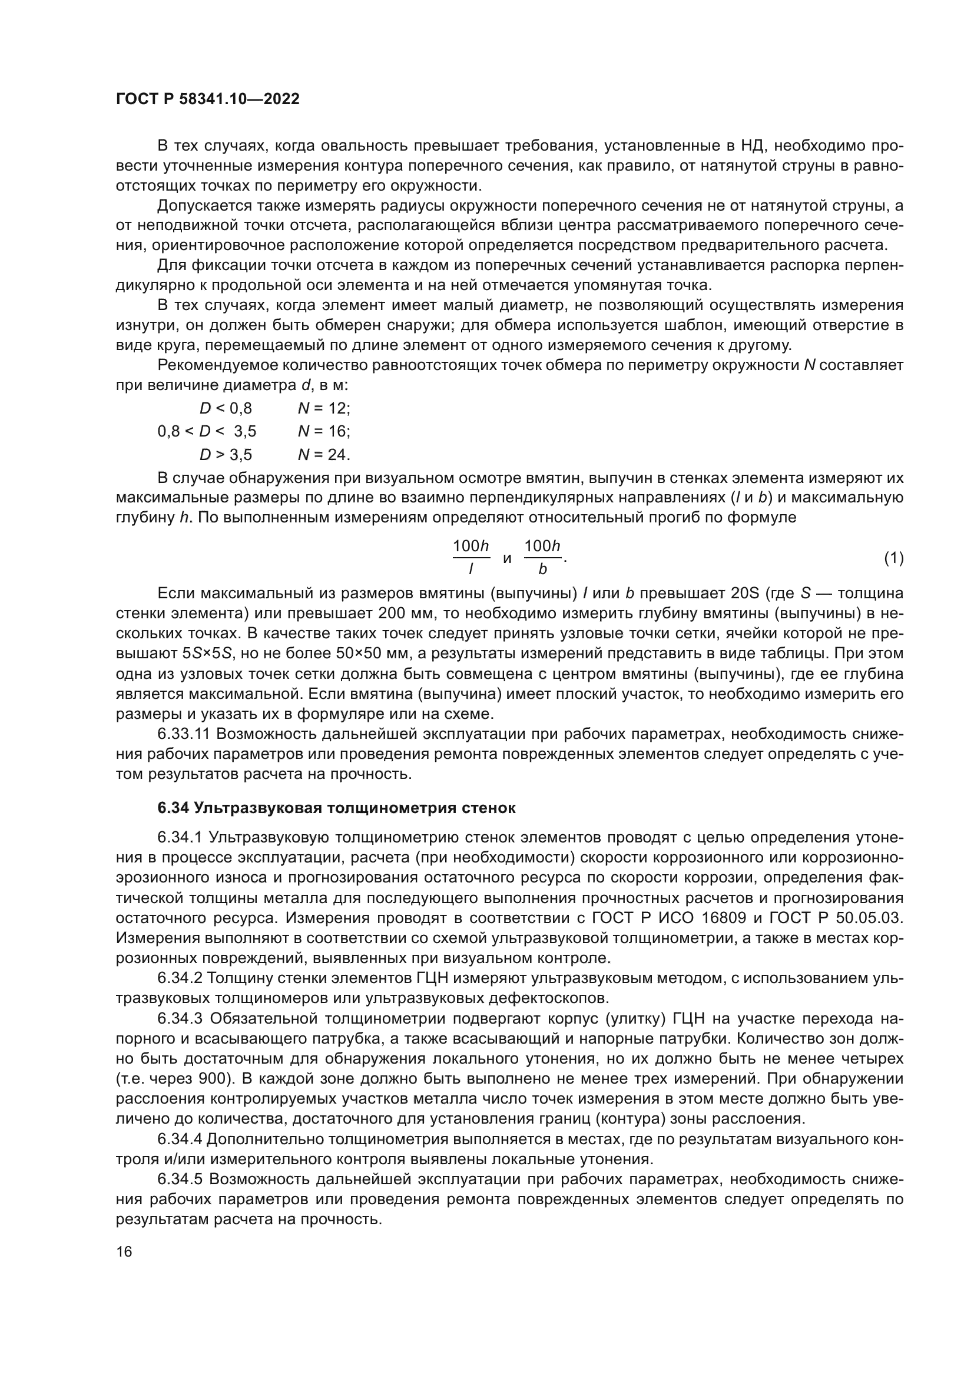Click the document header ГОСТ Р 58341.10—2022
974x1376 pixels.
[x=207, y=99]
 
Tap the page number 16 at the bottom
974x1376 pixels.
[x=124, y=1252]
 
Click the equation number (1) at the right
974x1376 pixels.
[x=894, y=558]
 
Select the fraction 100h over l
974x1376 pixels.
[x=471, y=557]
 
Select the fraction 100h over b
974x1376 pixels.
[x=542, y=557]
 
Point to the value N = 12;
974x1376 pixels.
[x=324, y=409]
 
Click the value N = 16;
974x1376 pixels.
[x=324, y=431]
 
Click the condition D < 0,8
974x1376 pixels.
[x=226, y=409]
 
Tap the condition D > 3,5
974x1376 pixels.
[x=226, y=455]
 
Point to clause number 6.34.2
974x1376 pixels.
[x=180, y=978]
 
